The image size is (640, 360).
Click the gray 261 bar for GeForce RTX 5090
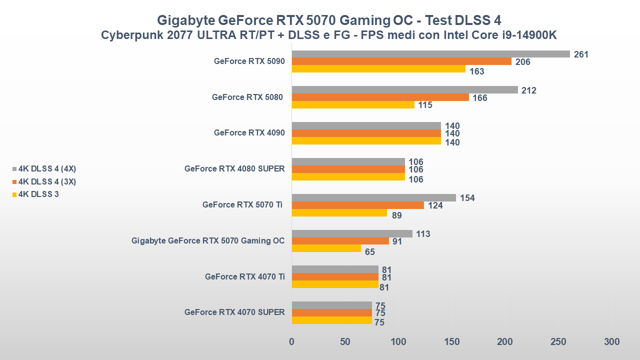click(430, 54)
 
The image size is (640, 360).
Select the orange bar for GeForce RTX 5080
click(380, 97)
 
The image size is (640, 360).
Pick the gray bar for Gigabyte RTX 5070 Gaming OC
click(352, 233)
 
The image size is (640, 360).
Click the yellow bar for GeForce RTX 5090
click(378, 69)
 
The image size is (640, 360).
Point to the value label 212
click(528, 90)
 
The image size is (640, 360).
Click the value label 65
click(370, 251)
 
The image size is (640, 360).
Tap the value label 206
click(522, 62)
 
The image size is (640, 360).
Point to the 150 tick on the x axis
click(451, 342)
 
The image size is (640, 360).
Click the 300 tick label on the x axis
click(611, 342)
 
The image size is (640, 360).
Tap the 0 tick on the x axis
click(292, 342)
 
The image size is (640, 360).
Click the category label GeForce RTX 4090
click(249, 133)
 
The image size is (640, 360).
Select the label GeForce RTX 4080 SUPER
click(234, 169)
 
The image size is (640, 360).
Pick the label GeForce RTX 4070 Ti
click(244, 276)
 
